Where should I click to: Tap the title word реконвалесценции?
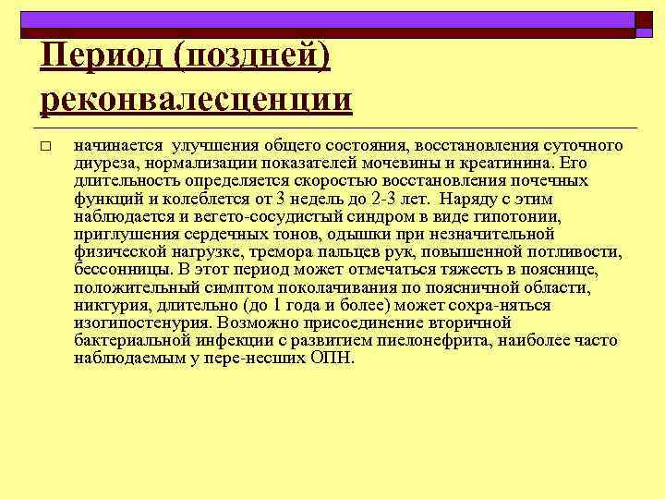196,98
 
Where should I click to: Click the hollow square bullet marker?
45,147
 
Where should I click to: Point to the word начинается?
117,146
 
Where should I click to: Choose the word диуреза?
105,163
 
